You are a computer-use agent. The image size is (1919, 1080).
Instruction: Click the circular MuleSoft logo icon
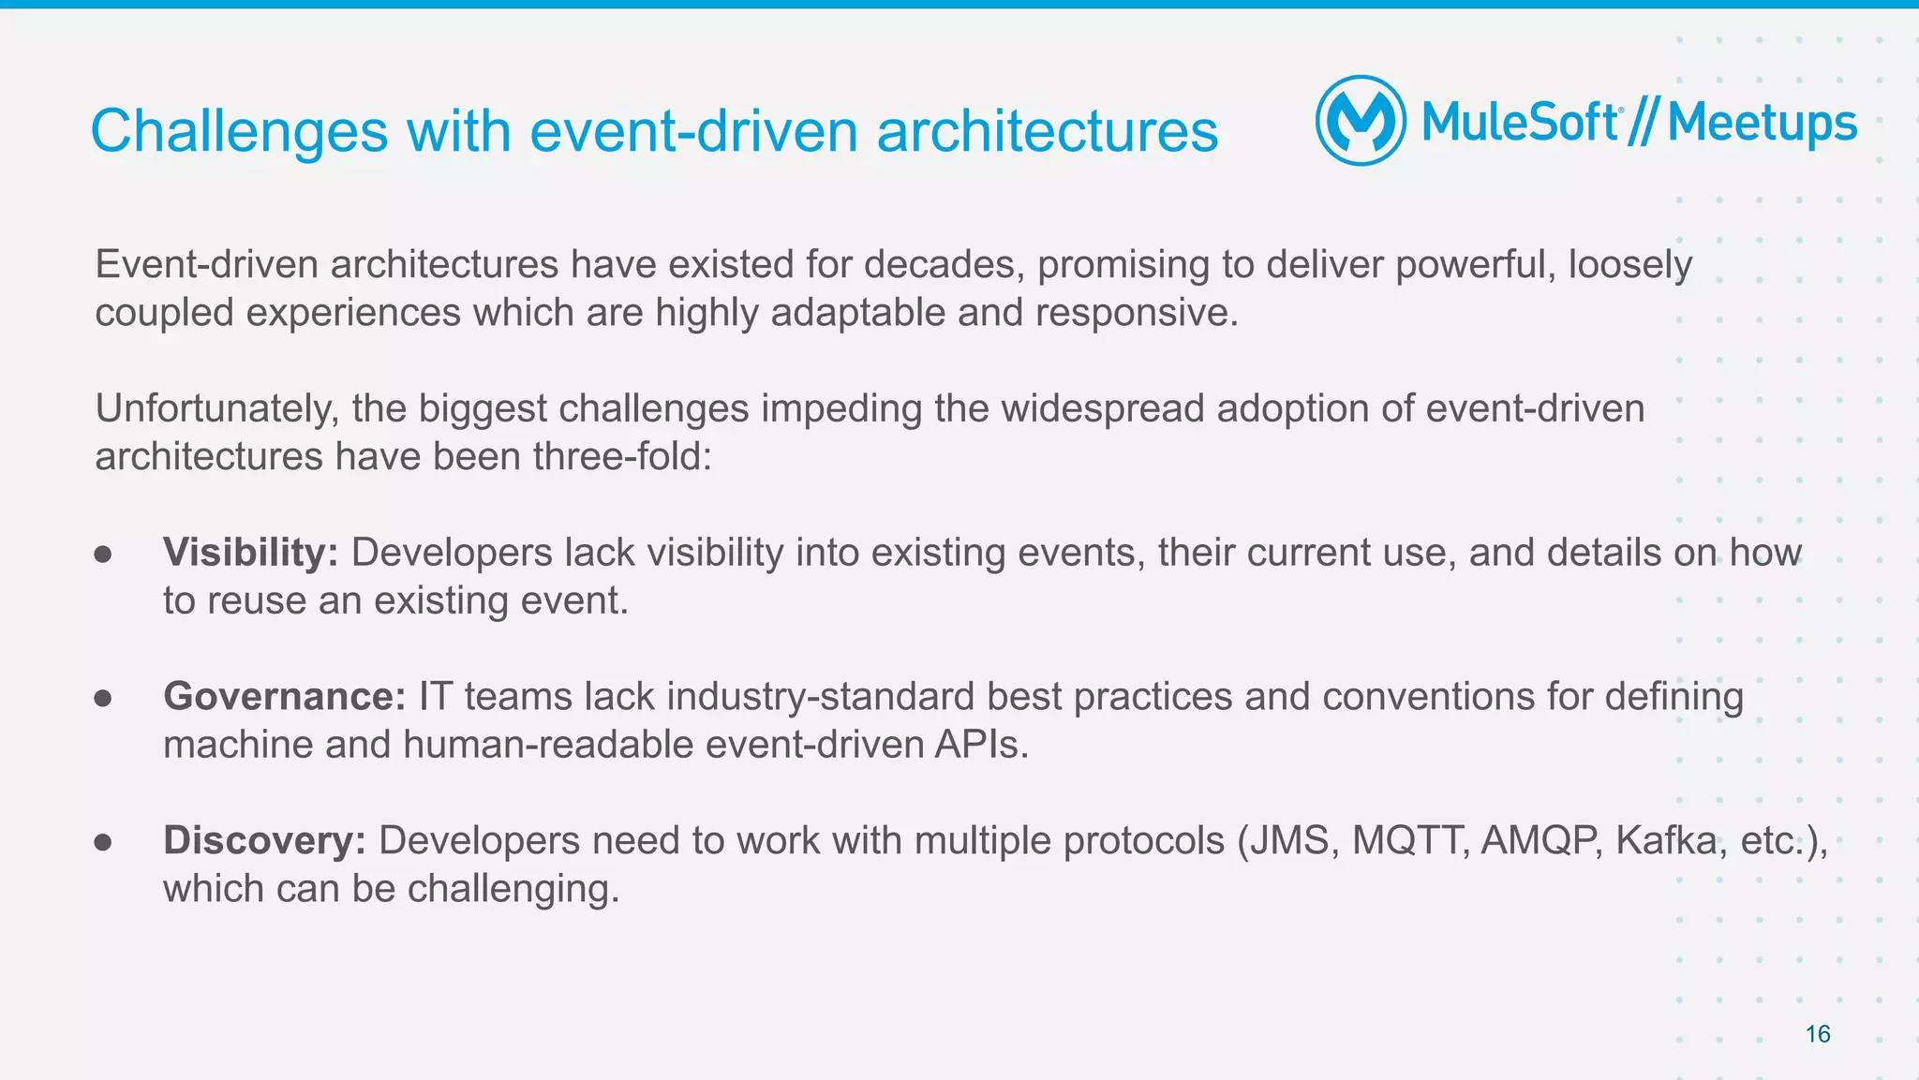1361,121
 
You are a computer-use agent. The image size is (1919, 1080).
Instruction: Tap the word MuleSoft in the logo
1520,123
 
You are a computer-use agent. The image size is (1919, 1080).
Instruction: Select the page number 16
1817,1034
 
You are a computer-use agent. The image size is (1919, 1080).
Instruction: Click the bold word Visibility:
250,553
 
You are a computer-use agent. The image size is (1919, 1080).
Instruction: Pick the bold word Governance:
284,697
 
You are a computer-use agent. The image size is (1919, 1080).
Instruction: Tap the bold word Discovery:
264,840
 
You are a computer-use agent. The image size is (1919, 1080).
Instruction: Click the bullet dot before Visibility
103,555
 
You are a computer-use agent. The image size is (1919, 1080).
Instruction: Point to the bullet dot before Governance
103,699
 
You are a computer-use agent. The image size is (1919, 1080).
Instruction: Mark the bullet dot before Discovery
103,842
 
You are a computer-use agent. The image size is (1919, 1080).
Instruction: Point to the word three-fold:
622,457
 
